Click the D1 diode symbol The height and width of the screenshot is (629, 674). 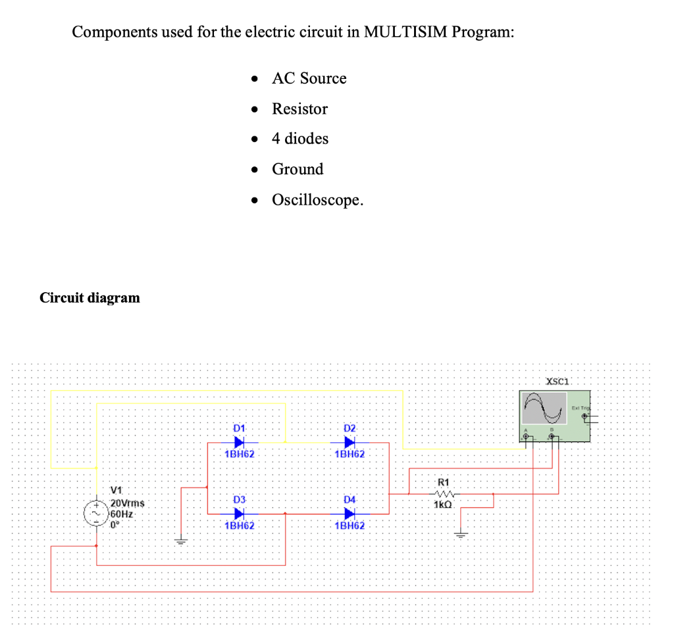pyautogui.click(x=240, y=442)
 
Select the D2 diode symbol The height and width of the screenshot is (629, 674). pyautogui.click(x=350, y=442)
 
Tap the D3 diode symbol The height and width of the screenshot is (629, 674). pyautogui.click(x=240, y=513)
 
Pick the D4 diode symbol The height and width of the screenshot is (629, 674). pyautogui.click(x=350, y=513)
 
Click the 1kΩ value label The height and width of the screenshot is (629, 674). pyautogui.click(x=442, y=505)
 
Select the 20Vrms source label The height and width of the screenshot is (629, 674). pyautogui.click(x=128, y=503)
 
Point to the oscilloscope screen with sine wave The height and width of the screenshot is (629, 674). pyautogui.click(x=544, y=409)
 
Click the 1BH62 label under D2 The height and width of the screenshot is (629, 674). pyautogui.click(x=350, y=454)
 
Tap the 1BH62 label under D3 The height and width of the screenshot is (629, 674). pyautogui.click(x=240, y=526)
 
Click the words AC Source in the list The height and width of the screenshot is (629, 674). pyautogui.click(x=309, y=78)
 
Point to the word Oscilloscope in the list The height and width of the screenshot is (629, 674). pyautogui.click(x=317, y=199)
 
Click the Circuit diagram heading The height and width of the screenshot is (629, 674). pyautogui.click(x=90, y=297)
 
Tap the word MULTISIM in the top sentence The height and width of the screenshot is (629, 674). pyautogui.click(x=403, y=32)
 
